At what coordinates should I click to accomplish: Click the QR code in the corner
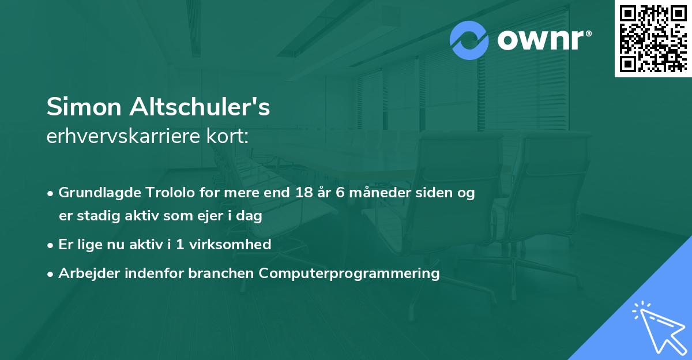(653, 38)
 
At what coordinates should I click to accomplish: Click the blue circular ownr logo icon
(469, 40)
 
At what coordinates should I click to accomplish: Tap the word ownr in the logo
(543, 40)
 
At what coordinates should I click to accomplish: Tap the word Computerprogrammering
(349, 273)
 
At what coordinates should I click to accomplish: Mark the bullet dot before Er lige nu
(51, 245)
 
